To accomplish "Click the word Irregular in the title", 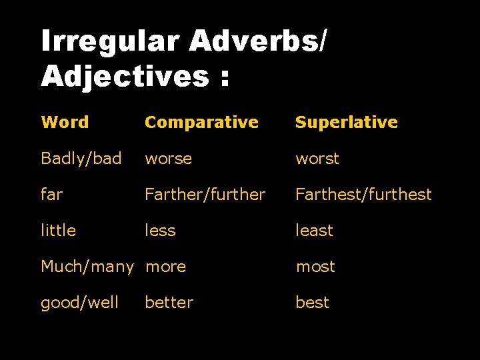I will click(x=110, y=41).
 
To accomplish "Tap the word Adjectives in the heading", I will click(x=125, y=76).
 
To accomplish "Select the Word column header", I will click(x=65, y=122).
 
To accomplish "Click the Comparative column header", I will click(x=201, y=122).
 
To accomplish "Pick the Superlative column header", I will click(x=346, y=122).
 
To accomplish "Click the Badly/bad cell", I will click(x=81, y=159).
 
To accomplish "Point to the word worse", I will click(x=168, y=159).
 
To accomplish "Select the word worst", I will click(x=317, y=159).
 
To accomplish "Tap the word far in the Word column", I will click(x=51, y=194).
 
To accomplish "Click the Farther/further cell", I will click(x=205, y=194).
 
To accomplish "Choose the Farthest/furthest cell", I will click(x=363, y=194).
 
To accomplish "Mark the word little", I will click(x=58, y=230).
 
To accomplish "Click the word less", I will click(x=160, y=230).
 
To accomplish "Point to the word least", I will click(x=314, y=230).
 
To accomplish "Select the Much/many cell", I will click(x=87, y=267).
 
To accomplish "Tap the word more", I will click(x=165, y=267).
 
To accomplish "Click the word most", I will click(x=315, y=267).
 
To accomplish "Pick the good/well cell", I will click(x=79, y=303).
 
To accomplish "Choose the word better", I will click(x=169, y=303).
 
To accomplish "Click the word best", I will click(x=312, y=303).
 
